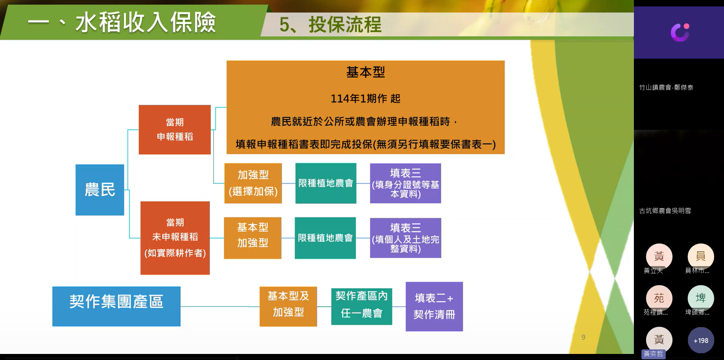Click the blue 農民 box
pos(100,190)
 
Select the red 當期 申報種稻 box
pos(175,129)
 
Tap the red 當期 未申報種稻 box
pos(175,238)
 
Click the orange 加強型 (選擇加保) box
pos(253,183)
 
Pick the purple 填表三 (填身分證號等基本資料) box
pos(406,183)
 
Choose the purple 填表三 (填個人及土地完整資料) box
pos(406,238)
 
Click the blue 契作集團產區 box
pos(116,306)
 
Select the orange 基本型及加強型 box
pos(288,306)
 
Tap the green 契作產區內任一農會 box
pos(362,306)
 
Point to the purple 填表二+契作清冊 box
pos(434,306)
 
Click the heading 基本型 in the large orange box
pos(365,72)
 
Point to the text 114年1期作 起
pos(365,98)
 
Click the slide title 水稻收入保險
pos(145,22)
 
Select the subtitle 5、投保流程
pos(330,25)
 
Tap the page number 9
pos(583,337)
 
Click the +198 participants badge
pos(701,340)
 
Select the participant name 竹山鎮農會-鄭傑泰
pos(666,87)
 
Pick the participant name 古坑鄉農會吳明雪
pos(665,210)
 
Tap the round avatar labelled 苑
pos(659,298)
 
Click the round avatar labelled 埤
pos(701,298)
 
